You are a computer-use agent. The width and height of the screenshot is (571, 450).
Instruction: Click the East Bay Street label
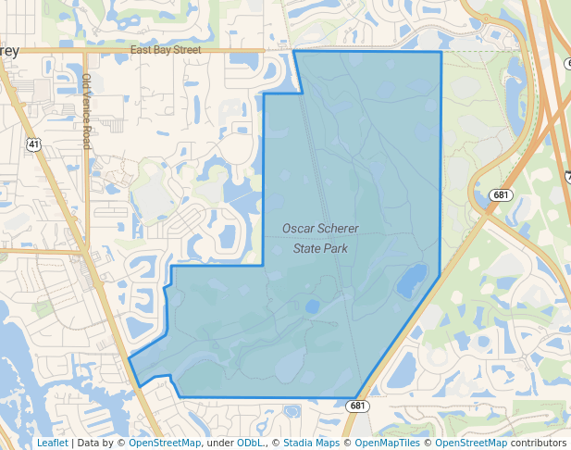pos(166,50)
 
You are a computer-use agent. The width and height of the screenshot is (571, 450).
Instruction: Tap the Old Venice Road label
pos(86,111)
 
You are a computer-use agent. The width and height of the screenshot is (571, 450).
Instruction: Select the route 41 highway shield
pos(33,144)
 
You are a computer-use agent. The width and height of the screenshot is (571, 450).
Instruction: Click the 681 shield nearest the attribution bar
pos(358,406)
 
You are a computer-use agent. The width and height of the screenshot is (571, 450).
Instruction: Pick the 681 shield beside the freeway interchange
pos(501,194)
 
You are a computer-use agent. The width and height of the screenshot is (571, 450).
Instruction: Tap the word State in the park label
pos(308,248)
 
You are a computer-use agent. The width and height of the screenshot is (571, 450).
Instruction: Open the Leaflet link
pos(52,443)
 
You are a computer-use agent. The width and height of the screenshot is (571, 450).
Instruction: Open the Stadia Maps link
pos(311,443)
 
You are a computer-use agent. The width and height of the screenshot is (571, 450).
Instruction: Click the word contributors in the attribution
pos(538,443)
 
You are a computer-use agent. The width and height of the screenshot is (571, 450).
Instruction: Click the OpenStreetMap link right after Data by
pos(165,443)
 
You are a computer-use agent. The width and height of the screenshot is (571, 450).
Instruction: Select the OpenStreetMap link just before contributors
pos(471,443)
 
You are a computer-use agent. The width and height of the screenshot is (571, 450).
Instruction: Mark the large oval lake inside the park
pos(412,281)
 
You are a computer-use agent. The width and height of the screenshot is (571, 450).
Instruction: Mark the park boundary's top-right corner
pos(441,52)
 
